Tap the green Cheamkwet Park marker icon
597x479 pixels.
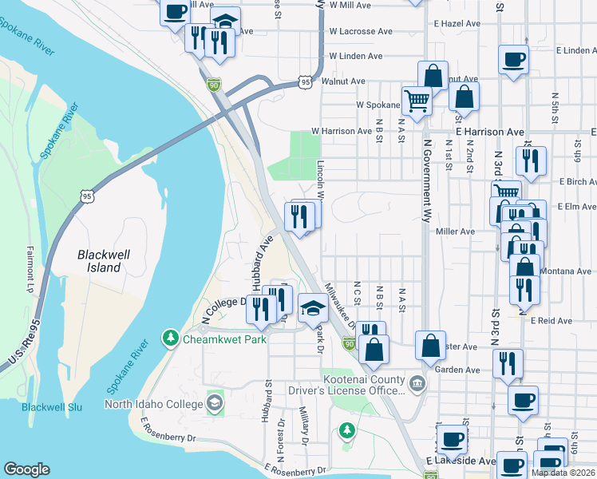pyautogui.click(x=170, y=339)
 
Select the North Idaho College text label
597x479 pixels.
pyautogui.click(x=154, y=405)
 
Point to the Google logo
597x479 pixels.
pyautogui.click(x=26, y=469)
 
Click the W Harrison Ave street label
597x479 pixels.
pyautogui.click(x=342, y=131)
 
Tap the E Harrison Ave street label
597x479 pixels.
pyautogui.click(x=489, y=131)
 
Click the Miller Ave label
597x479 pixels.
pyautogui.click(x=456, y=232)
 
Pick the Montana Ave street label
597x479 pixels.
pyautogui.click(x=567, y=271)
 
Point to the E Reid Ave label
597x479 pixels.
pyautogui.click(x=552, y=320)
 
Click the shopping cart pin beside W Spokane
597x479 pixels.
pyautogui.click(x=416, y=101)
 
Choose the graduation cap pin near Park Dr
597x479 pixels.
pyautogui.click(x=313, y=307)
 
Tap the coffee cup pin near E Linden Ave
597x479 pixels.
pyautogui.click(x=513, y=58)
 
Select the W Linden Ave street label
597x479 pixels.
pyautogui.click(x=355, y=56)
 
